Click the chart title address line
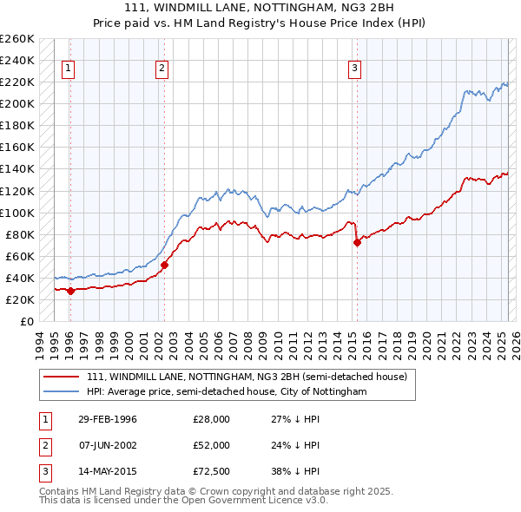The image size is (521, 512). click(x=260, y=9)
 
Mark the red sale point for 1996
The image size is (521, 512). click(x=71, y=291)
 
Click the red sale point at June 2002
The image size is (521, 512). click(x=164, y=265)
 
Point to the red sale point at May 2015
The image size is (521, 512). click(x=357, y=243)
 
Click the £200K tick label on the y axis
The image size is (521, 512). click(x=17, y=103)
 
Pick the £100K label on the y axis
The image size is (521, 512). click(x=17, y=213)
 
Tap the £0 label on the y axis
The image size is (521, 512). click(x=26, y=321)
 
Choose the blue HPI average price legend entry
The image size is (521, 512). click(x=227, y=392)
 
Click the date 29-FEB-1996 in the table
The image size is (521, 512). click(x=108, y=419)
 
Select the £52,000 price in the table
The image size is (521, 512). click(x=211, y=445)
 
